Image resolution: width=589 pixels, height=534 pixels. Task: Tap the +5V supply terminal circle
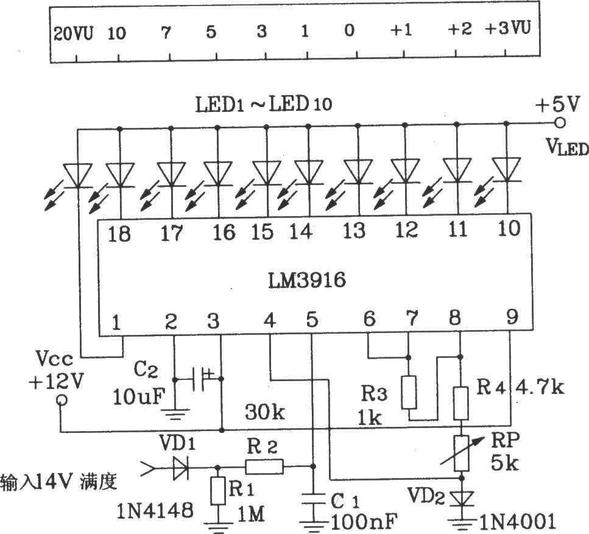tap(560, 123)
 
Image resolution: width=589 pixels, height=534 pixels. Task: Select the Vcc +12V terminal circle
tap(61, 401)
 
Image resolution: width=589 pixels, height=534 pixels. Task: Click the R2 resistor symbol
tap(264, 467)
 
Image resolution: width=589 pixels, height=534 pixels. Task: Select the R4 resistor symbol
tap(461, 402)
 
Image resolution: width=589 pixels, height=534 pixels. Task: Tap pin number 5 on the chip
tap(311, 319)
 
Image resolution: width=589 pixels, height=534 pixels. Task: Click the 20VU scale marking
tap(73, 33)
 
